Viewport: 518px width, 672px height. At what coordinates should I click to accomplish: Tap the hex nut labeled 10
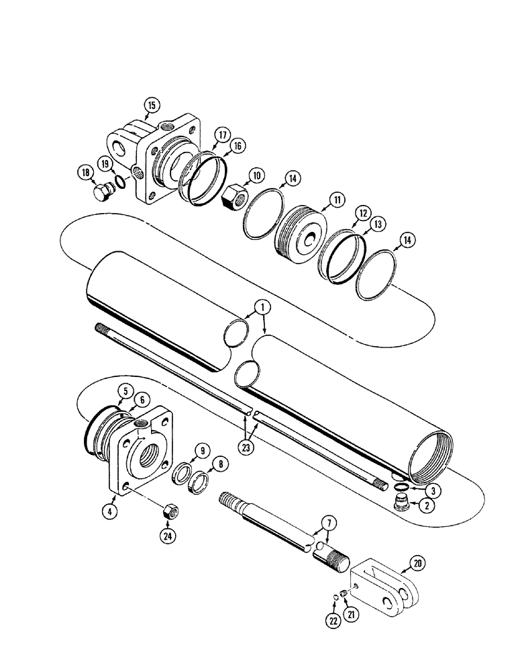234,195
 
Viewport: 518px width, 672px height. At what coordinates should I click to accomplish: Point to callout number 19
105,163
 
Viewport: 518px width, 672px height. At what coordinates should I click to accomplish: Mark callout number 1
263,307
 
